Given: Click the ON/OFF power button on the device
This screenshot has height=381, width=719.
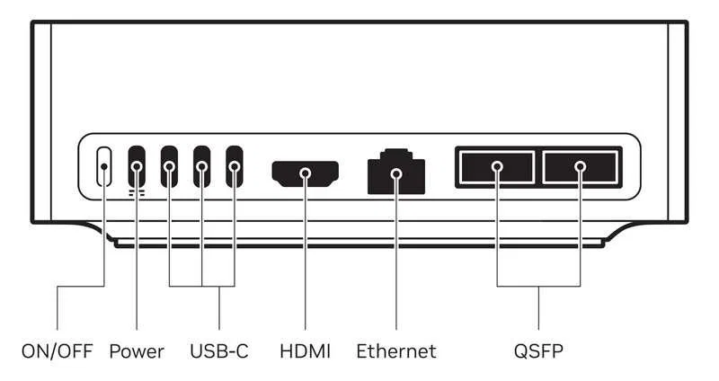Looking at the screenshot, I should tap(104, 167).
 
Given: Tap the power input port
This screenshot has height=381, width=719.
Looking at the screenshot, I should tap(137, 166).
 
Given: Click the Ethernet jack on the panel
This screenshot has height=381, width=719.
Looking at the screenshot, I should tap(396, 171).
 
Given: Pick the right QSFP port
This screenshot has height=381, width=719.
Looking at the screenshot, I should tap(581, 167).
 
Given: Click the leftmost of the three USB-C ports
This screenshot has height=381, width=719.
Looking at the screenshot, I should tap(170, 166).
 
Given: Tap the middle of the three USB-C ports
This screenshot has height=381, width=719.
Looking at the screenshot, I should tap(202, 166).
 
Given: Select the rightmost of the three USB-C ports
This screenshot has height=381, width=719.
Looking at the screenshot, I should tap(235, 166).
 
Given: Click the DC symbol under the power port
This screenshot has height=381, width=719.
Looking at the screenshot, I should tap(137, 191).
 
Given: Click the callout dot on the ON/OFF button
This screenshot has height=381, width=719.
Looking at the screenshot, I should tap(104, 166).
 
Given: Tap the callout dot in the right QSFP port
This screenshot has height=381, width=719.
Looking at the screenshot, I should tap(581, 166).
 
